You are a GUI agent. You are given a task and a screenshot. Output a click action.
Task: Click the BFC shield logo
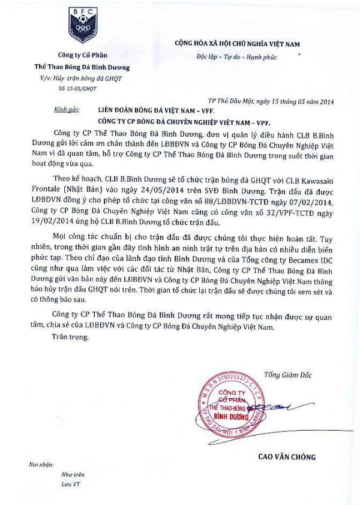[x=83, y=25]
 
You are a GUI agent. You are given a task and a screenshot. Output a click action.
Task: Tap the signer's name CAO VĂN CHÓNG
[x=286, y=457]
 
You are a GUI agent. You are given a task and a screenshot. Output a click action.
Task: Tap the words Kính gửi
[x=66, y=110]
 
